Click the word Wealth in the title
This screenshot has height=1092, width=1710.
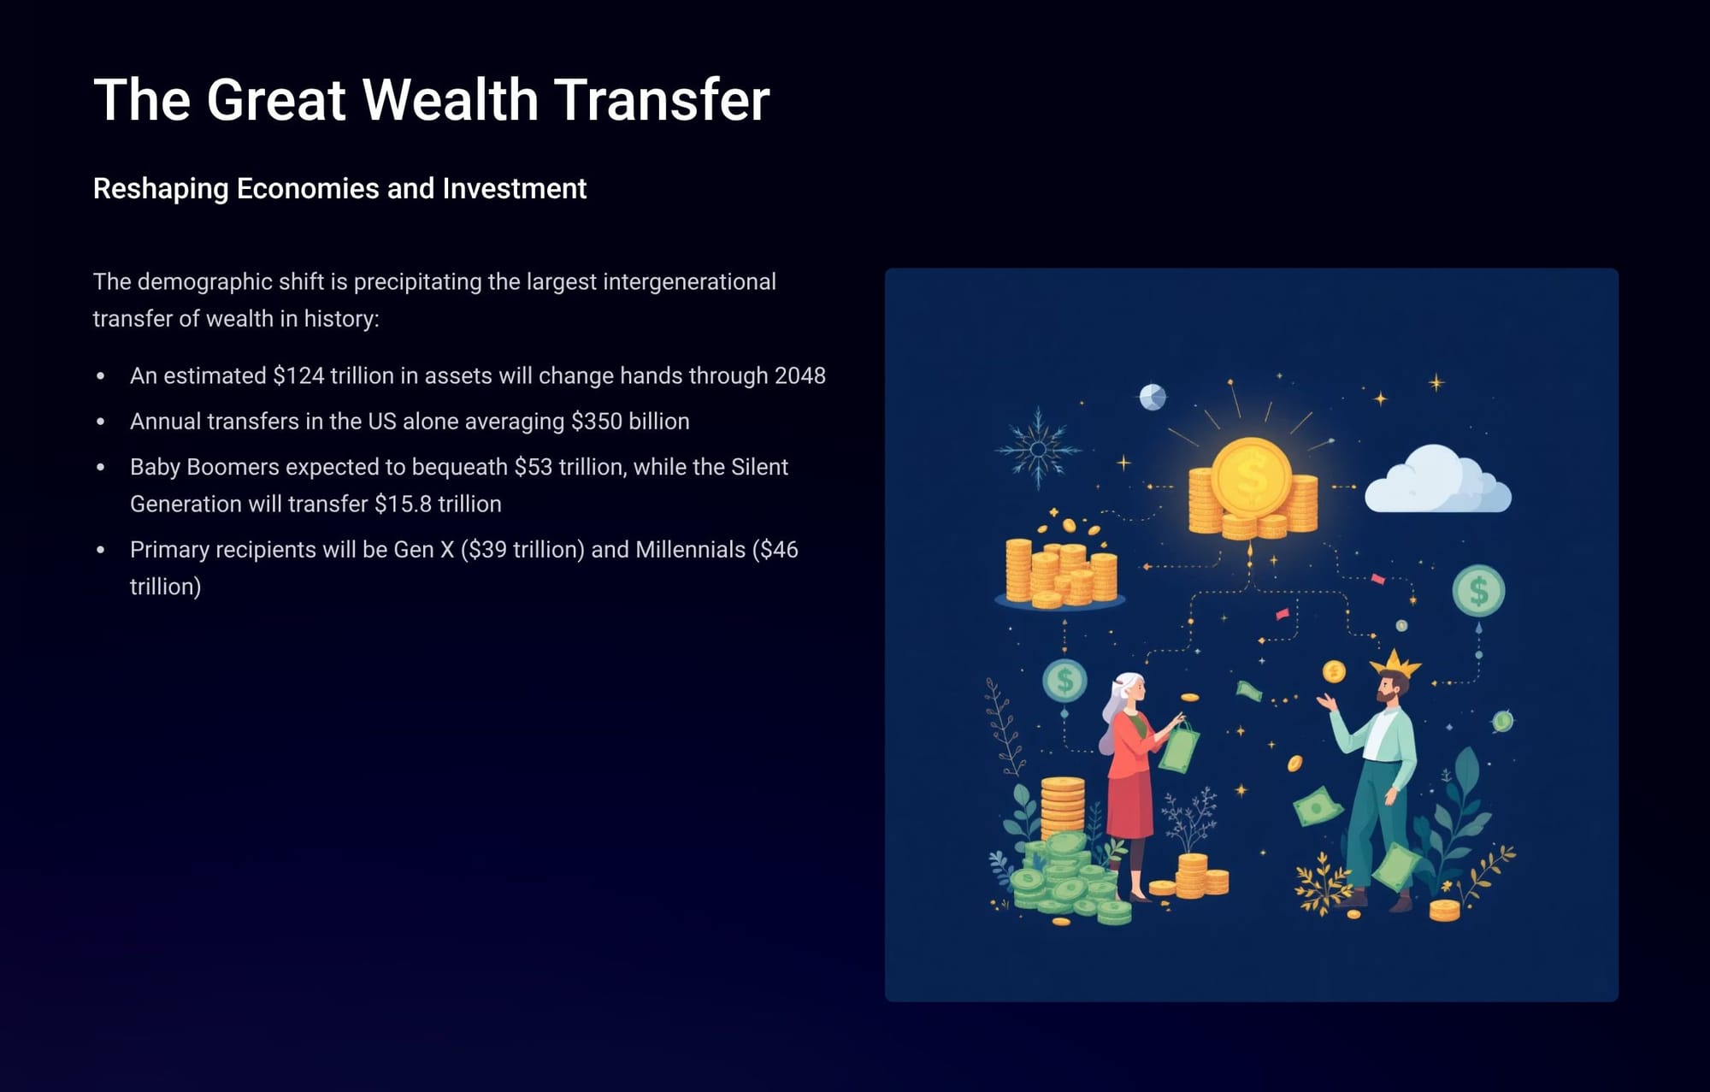click(x=451, y=100)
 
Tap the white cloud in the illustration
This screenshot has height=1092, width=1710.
click(x=1437, y=481)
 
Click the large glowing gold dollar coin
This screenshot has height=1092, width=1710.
click(x=1251, y=477)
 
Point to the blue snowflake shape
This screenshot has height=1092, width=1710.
click(x=1038, y=448)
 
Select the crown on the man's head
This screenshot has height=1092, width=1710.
click(x=1395, y=663)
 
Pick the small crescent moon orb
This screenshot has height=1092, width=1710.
click(x=1153, y=397)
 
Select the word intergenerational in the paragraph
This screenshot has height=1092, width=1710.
click(x=689, y=281)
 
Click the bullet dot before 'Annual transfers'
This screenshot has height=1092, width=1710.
click(x=101, y=422)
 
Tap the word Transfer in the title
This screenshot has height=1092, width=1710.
click(x=662, y=100)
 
